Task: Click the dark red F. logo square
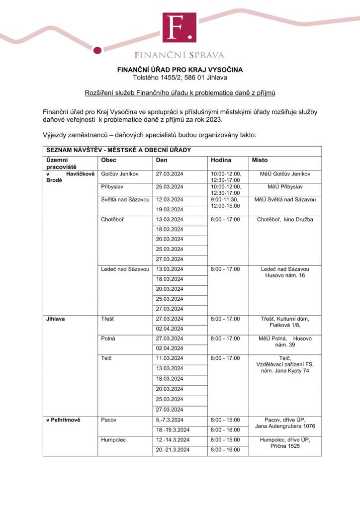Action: (x=179, y=28)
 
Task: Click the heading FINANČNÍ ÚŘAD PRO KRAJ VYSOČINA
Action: (x=180, y=70)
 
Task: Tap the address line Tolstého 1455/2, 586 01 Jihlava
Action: (x=180, y=78)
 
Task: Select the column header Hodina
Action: (x=221, y=160)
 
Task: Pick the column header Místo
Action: (x=260, y=160)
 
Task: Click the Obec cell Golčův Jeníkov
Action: (x=120, y=174)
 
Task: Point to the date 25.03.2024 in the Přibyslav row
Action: (x=170, y=187)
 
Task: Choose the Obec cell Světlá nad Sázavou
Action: (x=125, y=199)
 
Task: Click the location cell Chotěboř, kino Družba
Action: (x=285, y=219)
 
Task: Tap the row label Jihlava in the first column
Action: (x=56, y=319)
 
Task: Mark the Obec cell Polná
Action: (x=108, y=339)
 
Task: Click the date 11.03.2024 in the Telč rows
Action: (x=170, y=358)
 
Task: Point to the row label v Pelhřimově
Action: (x=63, y=420)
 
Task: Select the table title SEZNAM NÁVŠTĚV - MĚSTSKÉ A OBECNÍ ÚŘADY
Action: (x=118, y=150)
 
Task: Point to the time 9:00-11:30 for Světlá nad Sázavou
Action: (x=225, y=199)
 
